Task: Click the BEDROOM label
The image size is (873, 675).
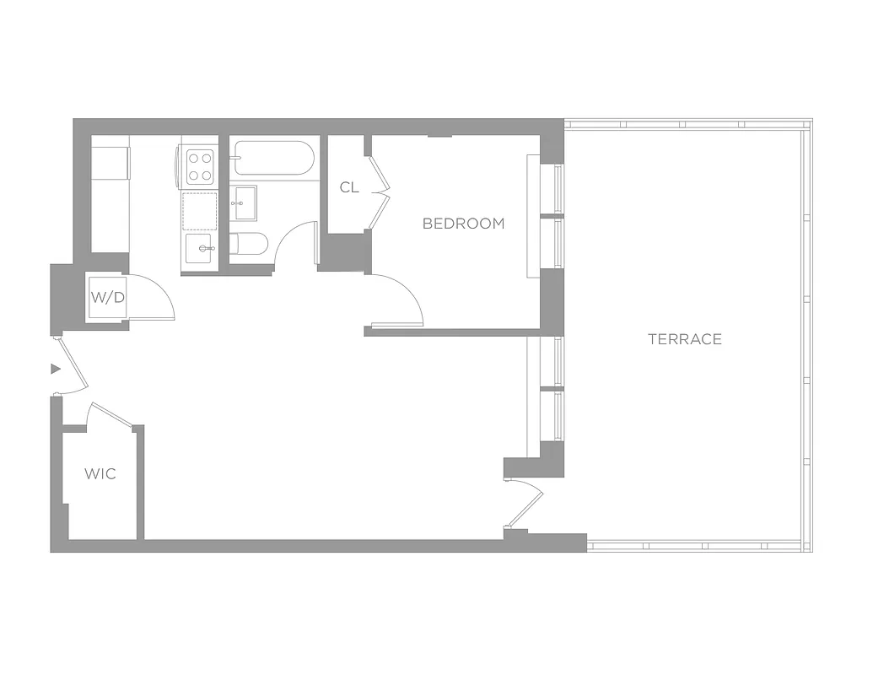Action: [463, 224]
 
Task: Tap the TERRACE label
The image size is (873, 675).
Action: [684, 339]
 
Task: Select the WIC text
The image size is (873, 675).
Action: [100, 473]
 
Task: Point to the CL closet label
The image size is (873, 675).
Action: [349, 187]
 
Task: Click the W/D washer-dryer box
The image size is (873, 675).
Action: [108, 298]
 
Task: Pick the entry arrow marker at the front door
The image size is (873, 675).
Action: [56, 369]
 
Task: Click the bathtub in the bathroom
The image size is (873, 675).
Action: [273, 159]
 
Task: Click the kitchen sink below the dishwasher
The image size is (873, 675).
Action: [200, 249]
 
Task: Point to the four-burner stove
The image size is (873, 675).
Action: [199, 165]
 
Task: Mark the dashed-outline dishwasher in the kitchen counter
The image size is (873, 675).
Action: [200, 211]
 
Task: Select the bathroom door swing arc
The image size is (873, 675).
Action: [295, 240]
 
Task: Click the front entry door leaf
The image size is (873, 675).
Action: [71, 365]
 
